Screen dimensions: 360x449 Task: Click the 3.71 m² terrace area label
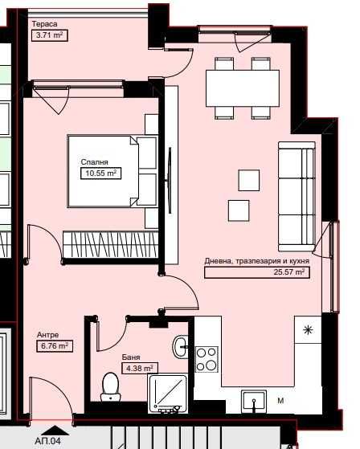(49, 35)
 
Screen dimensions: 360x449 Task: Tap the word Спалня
(95, 162)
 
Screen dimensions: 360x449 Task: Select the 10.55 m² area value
(100, 173)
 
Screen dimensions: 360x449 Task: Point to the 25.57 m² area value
(288, 271)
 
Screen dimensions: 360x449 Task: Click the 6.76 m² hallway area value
(55, 345)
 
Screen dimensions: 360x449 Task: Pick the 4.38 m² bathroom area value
(140, 368)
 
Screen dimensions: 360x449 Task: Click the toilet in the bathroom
(111, 387)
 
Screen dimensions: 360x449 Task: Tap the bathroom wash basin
(180, 346)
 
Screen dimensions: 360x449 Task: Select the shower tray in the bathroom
(168, 393)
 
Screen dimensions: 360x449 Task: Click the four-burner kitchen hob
(207, 359)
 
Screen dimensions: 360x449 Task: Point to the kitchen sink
(254, 402)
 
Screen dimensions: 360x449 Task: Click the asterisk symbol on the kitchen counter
(308, 330)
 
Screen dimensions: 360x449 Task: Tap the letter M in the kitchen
(280, 401)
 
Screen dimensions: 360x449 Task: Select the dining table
(243, 88)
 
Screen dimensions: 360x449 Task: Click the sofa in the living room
(297, 197)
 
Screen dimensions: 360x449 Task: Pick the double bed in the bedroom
(112, 171)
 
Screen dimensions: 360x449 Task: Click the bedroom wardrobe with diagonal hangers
(111, 244)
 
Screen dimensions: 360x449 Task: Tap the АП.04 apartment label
(47, 441)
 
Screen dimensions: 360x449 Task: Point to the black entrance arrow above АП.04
(55, 430)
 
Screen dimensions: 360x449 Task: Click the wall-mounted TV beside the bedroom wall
(170, 180)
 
